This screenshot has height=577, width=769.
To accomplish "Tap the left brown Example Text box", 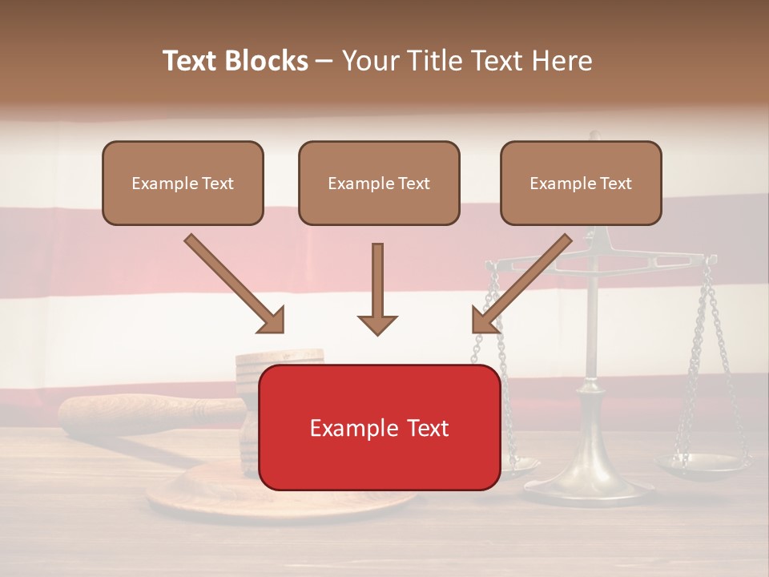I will coord(183,183).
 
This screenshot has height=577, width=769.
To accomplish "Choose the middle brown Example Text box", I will coord(379,183).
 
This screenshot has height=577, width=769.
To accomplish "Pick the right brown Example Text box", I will coord(581,183).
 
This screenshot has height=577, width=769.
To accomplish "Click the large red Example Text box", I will coord(380,428).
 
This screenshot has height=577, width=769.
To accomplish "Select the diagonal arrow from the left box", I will coord(233,283).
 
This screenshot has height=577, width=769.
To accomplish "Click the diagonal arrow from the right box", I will coord(522,283).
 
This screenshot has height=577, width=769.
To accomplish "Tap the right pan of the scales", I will coord(703,462).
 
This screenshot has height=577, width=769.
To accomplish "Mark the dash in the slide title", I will coord(324,61).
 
